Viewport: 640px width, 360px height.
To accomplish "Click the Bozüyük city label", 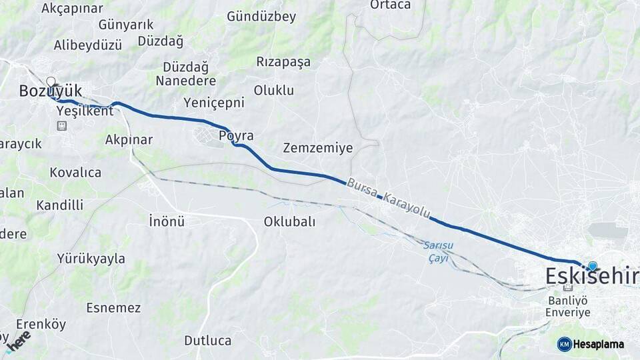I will pyautogui.click(x=50, y=90).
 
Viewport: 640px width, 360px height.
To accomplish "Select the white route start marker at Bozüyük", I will pyautogui.click(x=51, y=82).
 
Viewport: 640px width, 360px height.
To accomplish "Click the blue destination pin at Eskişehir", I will pyautogui.click(x=592, y=266).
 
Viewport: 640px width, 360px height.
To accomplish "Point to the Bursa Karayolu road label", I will pyautogui.click(x=389, y=198).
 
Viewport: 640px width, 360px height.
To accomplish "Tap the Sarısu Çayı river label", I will pyautogui.click(x=437, y=251).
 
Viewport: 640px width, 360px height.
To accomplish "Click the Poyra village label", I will pyautogui.click(x=236, y=136).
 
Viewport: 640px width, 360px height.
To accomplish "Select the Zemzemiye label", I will pyautogui.click(x=317, y=147).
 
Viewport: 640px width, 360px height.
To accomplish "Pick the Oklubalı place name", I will pyautogui.click(x=289, y=221).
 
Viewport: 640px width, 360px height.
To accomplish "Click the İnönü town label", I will pyautogui.click(x=166, y=221).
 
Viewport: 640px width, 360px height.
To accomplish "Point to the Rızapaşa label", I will pyautogui.click(x=283, y=61).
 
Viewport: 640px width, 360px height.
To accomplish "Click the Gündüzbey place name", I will pyautogui.click(x=261, y=17).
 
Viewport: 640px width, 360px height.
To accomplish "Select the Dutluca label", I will pyautogui.click(x=207, y=340).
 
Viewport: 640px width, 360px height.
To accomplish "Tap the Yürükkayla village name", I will pyautogui.click(x=91, y=259).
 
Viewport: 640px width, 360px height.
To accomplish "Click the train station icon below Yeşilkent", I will pyautogui.click(x=62, y=125).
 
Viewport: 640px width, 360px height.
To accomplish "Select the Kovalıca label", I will pyautogui.click(x=75, y=173).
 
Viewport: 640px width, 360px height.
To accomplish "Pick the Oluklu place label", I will pyautogui.click(x=273, y=90).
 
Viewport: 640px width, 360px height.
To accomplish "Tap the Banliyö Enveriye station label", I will pyautogui.click(x=568, y=306).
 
